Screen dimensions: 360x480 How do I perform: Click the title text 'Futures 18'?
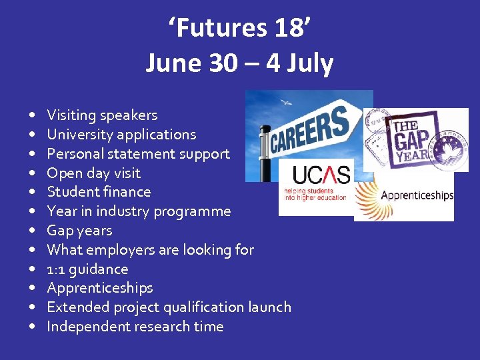(x=239, y=29)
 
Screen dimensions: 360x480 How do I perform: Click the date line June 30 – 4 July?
(x=239, y=63)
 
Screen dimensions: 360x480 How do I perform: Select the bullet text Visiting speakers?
(x=102, y=115)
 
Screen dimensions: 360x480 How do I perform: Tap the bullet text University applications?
(x=121, y=135)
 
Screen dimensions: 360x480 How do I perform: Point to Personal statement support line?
(x=138, y=154)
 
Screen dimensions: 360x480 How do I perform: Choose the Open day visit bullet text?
(x=93, y=173)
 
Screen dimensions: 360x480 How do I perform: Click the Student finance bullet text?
(x=99, y=192)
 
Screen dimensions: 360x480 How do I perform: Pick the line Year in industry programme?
(x=139, y=211)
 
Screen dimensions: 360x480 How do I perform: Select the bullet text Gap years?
(x=79, y=231)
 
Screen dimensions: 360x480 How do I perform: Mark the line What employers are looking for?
(x=150, y=250)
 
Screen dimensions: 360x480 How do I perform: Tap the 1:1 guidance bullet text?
(x=87, y=269)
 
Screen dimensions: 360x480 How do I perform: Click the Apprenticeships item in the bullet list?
(x=100, y=288)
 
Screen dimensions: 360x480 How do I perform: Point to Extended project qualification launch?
(x=169, y=307)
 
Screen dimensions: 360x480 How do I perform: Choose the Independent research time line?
(x=135, y=327)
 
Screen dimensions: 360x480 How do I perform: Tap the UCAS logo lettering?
(x=321, y=175)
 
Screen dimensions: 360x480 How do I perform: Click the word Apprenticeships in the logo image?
(x=417, y=196)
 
